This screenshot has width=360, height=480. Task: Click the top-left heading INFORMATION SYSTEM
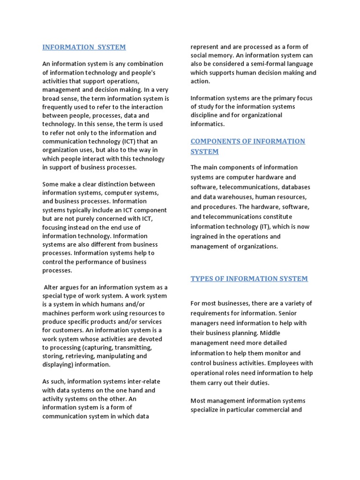tap(84, 47)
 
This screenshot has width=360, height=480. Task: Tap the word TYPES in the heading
tap(202, 278)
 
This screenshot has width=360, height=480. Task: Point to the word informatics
tap(208, 124)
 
